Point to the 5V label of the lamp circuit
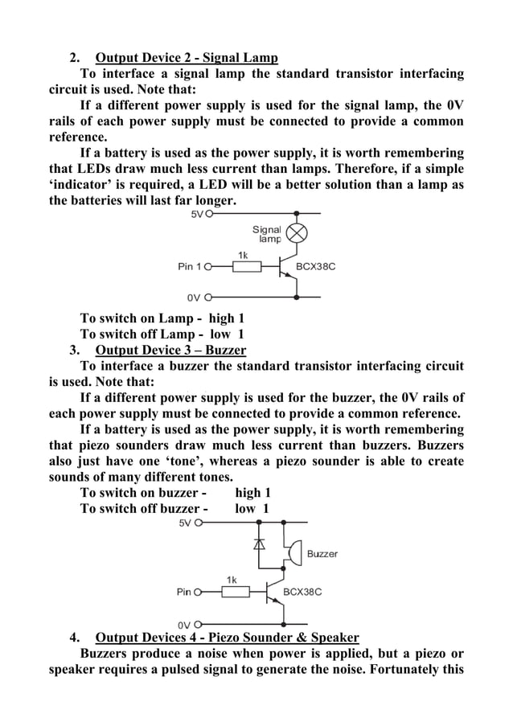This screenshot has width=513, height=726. pos(197,215)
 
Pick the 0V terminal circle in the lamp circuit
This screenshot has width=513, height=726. pos(207,295)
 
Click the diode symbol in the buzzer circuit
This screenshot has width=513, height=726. pos(259,543)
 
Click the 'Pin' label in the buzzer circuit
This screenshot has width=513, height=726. pos(184,593)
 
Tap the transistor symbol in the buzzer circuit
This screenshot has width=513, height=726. pos(275,593)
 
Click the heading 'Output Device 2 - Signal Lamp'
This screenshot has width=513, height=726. pos(187,58)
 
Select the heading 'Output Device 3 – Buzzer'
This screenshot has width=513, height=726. pos(170,350)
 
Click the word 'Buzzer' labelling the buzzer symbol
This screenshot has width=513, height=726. pos(322,553)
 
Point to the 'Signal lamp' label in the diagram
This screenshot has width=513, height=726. pos(267,234)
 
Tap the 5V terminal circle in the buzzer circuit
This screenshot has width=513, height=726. pos(198,523)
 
